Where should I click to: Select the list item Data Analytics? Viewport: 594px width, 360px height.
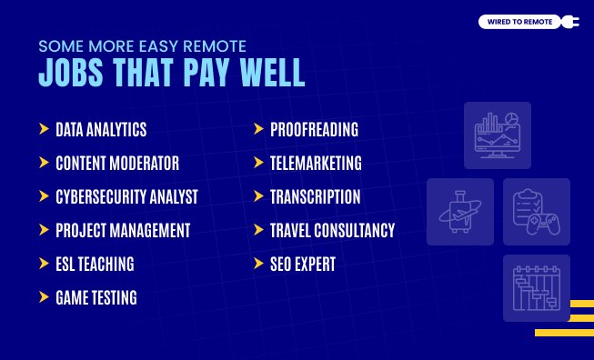100,129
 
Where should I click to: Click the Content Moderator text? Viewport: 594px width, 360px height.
116,164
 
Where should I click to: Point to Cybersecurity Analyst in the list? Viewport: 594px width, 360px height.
126,197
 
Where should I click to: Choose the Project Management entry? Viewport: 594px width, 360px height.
123,231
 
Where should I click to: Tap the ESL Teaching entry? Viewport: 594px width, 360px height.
95,265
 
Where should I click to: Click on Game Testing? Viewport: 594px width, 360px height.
96,298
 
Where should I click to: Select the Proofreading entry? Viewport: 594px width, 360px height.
314,129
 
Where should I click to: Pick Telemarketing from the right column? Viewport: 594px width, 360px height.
316,164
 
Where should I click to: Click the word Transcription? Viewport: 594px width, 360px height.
315,197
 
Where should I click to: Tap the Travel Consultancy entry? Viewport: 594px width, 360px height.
332,231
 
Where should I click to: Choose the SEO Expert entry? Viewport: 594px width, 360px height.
303,265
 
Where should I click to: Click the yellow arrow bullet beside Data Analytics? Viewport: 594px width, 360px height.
44,129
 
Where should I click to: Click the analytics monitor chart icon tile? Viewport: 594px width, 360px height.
498,135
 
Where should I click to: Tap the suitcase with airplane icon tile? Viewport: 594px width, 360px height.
459,211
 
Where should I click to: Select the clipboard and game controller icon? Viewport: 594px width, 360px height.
536,211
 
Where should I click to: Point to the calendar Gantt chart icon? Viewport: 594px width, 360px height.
536,287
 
